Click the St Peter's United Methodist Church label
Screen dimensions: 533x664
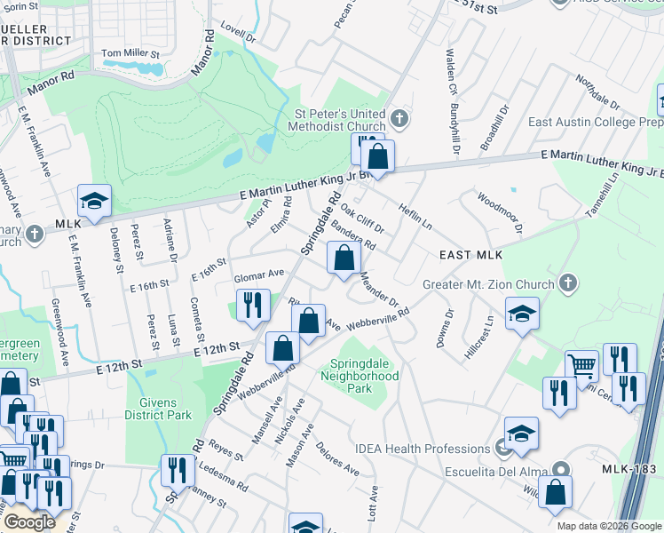(341, 120)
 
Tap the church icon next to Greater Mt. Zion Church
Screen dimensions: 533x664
(569, 284)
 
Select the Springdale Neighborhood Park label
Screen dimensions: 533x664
(364, 376)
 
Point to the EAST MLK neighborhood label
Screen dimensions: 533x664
(471, 256)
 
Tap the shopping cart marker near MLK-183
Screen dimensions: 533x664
(581, 364)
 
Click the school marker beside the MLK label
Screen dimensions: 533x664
(93, 201)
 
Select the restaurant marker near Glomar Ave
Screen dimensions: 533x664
(252, 306)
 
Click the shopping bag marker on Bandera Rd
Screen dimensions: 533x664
(344, 259)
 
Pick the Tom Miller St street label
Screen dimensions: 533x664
(130, 54)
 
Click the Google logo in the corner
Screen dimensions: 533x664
(29, 522)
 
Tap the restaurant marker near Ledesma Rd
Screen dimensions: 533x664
(178, 470)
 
